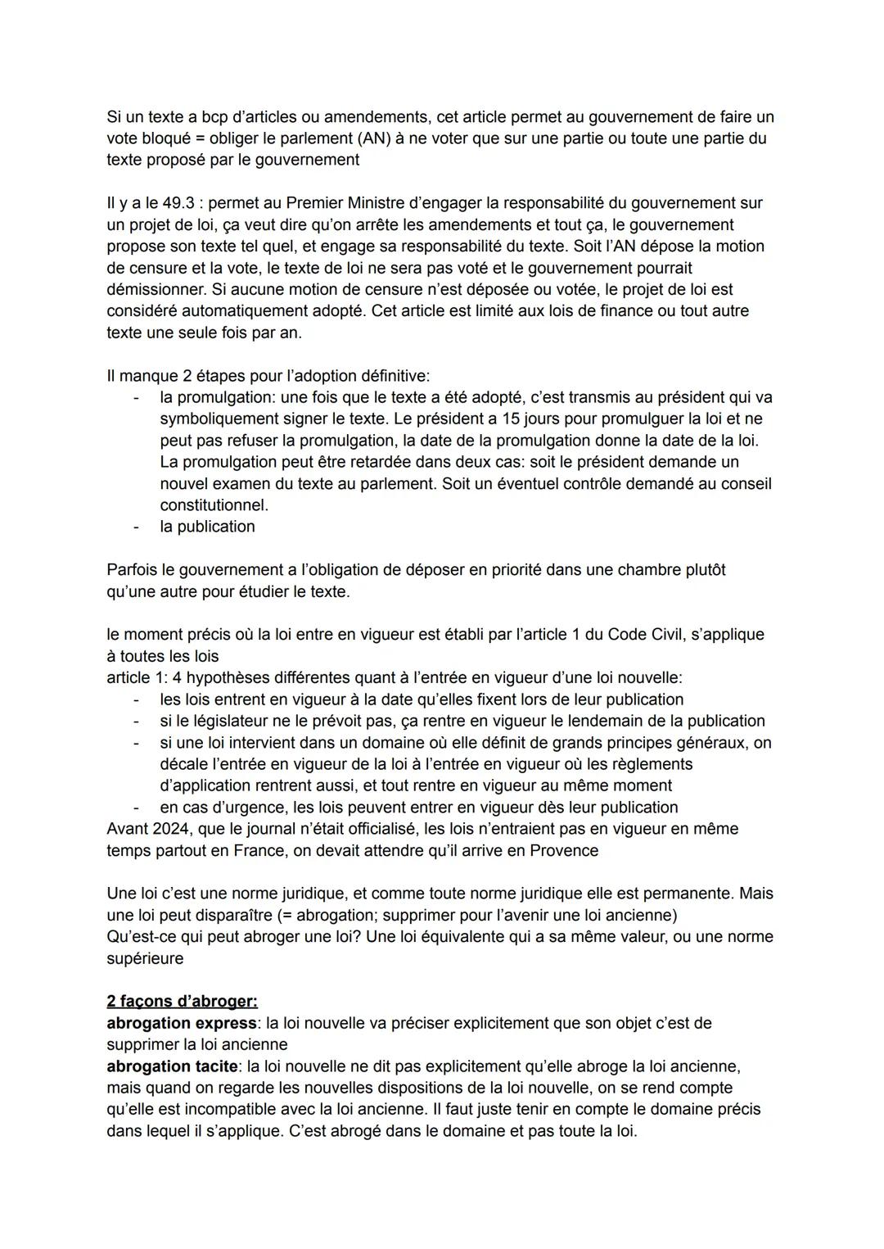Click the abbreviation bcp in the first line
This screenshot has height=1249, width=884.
(x=217, y=117)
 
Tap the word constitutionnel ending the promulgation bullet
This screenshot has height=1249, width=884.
(x=214, y=505)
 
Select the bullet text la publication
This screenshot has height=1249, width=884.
(x=207, y=527)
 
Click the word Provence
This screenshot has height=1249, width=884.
(x=564, y=850)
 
